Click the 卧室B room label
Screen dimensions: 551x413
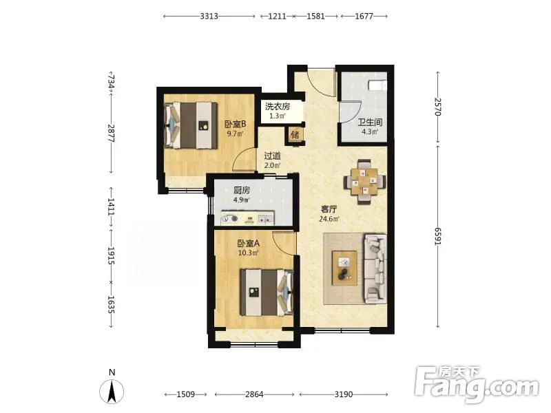pyautogui.click(x=235, y=125)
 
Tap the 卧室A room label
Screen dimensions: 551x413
pyautogui.click(x=249, y=244)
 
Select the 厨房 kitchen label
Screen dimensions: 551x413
pyautogui.click(x=242, y=191)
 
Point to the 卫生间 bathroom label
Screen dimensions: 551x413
pyautogui.click(x=370, y=123)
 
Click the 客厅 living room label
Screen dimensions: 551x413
pyautogui.click(x=329, y=209)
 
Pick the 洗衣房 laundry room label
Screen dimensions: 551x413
pyautogui.click(x=278, y=107)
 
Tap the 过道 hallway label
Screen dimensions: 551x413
pyautogui.click(x=272, y=156)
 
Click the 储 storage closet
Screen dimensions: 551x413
pyautogui.click(x=295, y=135)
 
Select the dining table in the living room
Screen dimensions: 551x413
pyautogui.click(x=365, y=182)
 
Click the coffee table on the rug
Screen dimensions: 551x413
pyautogui.click(x=345, y=268)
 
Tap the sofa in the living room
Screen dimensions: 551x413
pyautogui.click(x=375, y=268)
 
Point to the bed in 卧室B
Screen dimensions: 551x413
pyautogui.click(x=191, y=125)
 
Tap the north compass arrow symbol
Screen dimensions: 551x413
pyautogui.click(x=112, y=392)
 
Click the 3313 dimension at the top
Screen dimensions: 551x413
pyautogui.click(x=209, y=16)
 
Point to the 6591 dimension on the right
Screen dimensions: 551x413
pyautogui.click(x=438, y=236)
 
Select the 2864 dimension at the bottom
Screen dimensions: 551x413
pyautogui.click(x=254, y=394)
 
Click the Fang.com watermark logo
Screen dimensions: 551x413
pyautogui.click(x=477, y=385)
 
